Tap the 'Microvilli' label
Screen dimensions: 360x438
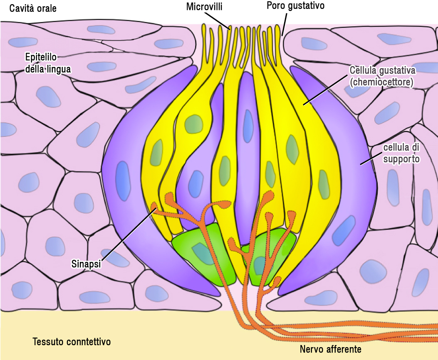pyautogui.click(x=205, y=7)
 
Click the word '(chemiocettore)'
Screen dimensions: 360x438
pyautogui.click(x=381, y=82)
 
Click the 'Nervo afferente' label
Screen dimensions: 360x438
pyautogui.click(x=331, y=349)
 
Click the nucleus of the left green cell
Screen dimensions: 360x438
pyautogui.click(x=201, y=252)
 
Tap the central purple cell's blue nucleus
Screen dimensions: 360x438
pyautogui.click(x=248, y=121)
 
